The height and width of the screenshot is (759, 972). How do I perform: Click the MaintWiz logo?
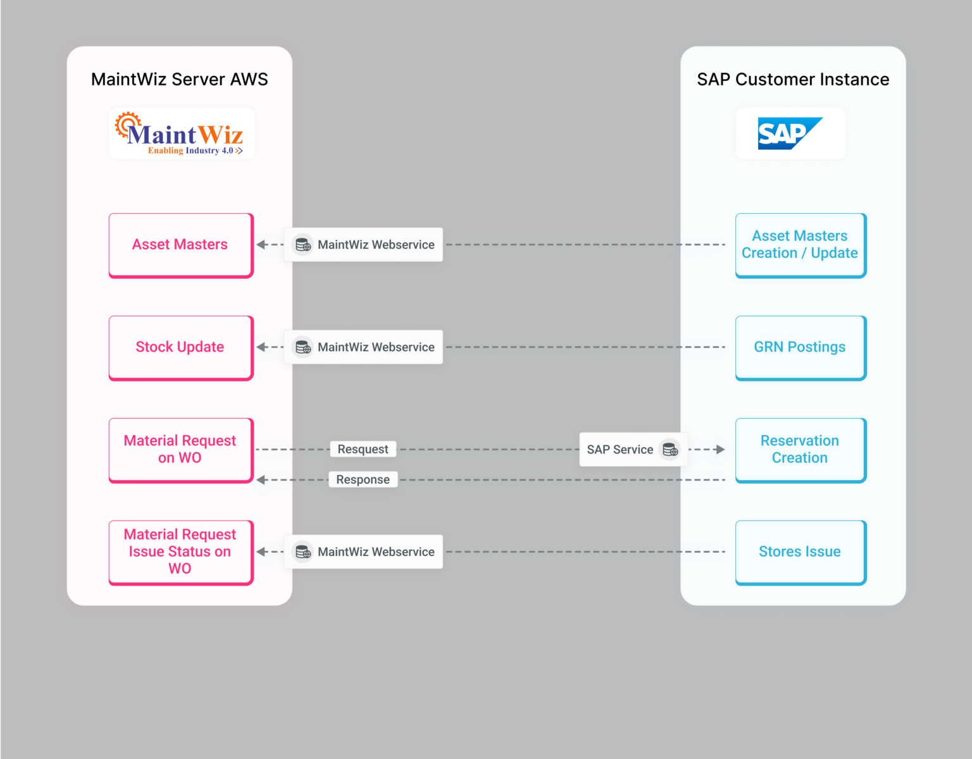point(182,134)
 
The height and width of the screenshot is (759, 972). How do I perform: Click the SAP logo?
point(790,133)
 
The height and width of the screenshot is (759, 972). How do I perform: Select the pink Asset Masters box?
point(180,245)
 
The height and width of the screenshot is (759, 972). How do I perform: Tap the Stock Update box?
point(180,347)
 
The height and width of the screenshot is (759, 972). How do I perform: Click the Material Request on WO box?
point(180,450)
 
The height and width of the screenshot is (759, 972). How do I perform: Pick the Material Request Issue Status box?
point(180,552)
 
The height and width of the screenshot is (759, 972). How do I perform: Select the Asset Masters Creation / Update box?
point(800,245)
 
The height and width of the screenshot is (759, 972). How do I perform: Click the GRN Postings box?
point(800,347)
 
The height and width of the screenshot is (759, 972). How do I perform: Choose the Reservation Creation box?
point(800,450)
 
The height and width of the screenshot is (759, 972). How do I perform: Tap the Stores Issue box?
point(800,552)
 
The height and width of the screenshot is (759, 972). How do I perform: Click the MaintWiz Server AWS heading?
point(180,80)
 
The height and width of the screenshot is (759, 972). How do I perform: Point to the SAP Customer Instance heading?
point(793,80)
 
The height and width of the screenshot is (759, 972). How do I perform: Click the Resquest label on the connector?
point(363,449)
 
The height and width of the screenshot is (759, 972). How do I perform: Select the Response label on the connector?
point(363,479)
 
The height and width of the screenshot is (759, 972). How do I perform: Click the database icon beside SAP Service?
point(670,450)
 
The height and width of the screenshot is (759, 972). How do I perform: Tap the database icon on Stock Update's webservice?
point(303,347)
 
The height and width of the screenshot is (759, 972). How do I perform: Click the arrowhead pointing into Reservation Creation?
point(720,450)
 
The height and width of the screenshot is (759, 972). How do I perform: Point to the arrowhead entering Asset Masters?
point(261,245)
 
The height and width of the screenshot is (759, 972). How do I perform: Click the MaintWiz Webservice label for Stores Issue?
point(376,552)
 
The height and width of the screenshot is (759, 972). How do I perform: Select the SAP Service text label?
point(620,450)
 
